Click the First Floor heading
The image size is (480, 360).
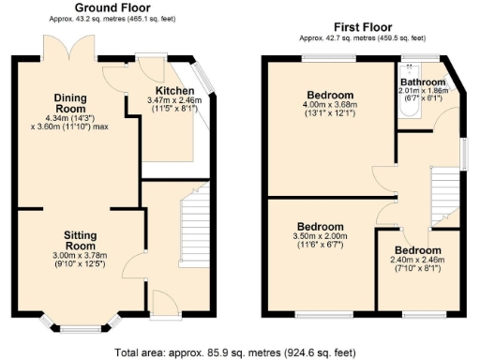click(x=362, y=27)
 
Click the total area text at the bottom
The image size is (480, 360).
click(x=235, y=352)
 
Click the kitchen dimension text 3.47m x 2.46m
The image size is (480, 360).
click(x=174, y=105)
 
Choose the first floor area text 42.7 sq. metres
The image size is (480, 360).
click(x=362, y=38)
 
